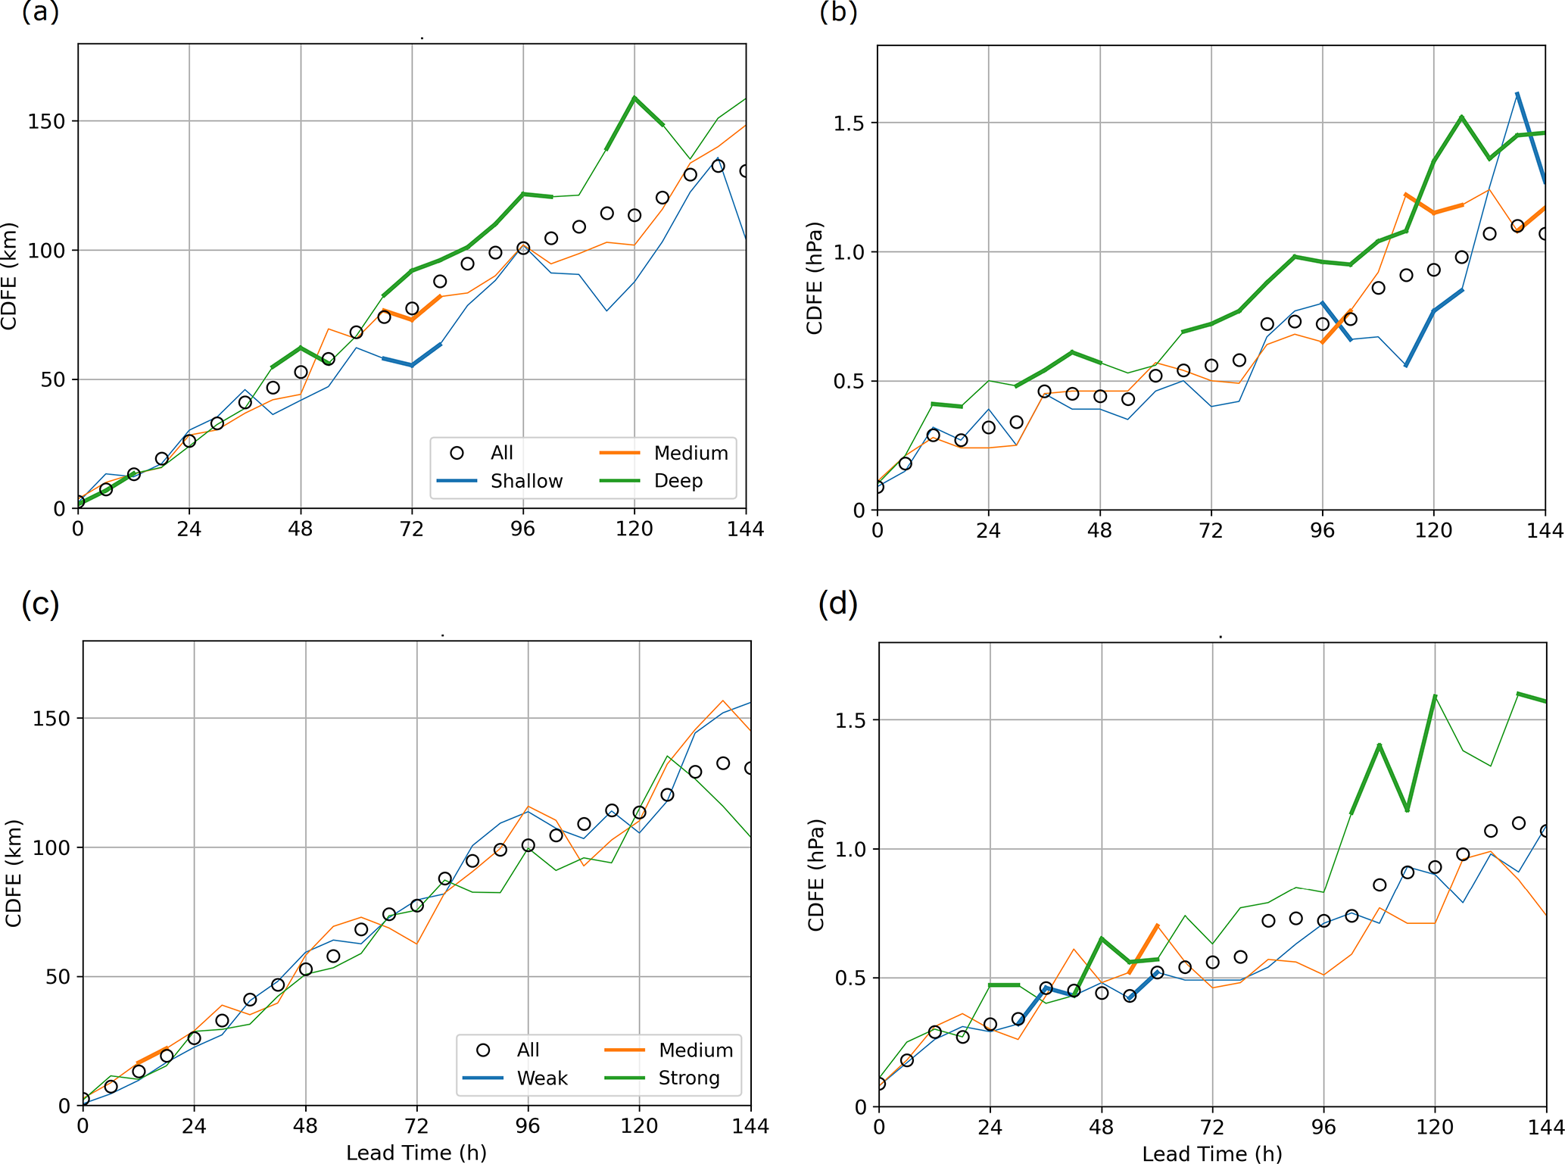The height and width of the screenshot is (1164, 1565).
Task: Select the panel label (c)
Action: pos(40,605)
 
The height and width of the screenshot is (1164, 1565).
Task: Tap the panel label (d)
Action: pos(838,605)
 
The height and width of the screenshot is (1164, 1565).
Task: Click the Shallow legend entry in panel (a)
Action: pos(526,481)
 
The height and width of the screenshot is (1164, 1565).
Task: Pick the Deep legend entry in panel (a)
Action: pos(678,481)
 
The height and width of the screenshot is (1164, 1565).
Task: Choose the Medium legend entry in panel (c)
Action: pos(695,1050)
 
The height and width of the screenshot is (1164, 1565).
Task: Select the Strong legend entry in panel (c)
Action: pos(688,1078)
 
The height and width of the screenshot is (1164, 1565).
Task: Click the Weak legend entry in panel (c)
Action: pos(541,1078)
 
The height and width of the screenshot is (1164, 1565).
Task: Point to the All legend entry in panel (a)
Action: pos(501,453)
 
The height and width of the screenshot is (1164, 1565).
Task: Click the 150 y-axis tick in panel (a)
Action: pos(46,121)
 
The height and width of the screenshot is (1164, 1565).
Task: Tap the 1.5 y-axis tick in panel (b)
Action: pos(849,123)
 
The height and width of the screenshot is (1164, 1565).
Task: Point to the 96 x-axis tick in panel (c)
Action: pos(528,1126)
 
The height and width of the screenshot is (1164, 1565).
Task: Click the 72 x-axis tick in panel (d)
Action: pos(1212,1128)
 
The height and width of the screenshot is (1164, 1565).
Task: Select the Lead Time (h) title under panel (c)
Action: pos(416,1153)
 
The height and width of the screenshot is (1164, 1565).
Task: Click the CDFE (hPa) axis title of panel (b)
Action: pos(815,278)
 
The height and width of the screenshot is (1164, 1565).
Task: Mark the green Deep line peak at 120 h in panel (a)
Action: pos(634,98)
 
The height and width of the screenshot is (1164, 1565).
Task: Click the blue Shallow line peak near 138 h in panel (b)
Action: pos(1517,93)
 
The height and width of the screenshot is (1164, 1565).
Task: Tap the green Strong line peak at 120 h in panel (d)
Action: pos(1435,695)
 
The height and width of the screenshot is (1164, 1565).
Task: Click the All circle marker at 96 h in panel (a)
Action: pos(523,248)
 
